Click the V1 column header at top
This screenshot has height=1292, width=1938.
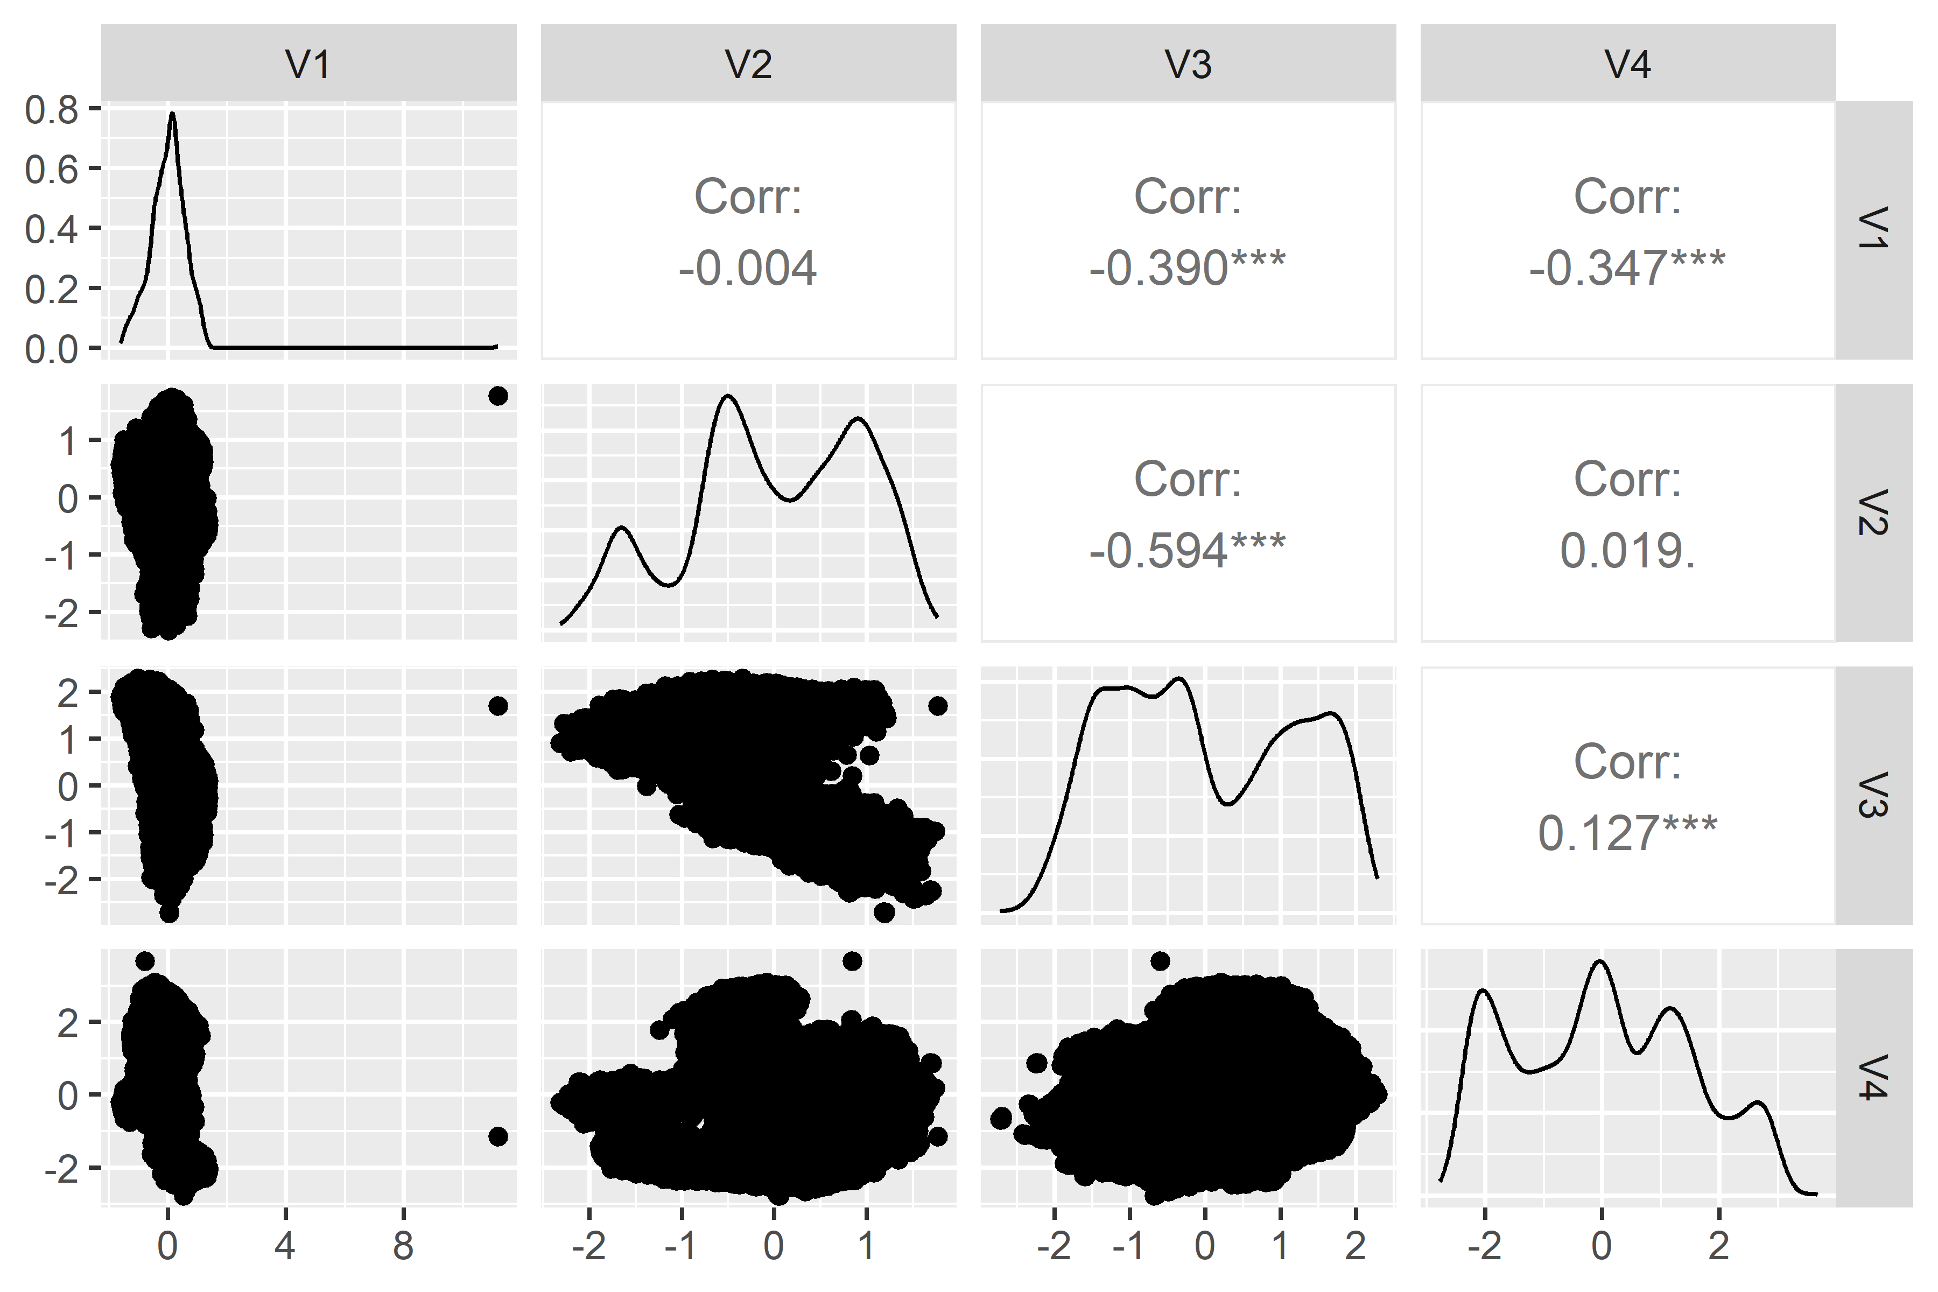308,64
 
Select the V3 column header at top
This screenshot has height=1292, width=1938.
1188,64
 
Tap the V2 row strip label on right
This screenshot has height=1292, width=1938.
1874,512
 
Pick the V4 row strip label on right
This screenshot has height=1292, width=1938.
1874,1078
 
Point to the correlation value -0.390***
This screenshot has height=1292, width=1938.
1188,269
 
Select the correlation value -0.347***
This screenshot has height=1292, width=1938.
1627,269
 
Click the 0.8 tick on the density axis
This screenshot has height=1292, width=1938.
51,110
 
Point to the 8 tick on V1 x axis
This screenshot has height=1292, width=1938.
403,1247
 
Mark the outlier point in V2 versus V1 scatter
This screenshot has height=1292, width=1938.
497,396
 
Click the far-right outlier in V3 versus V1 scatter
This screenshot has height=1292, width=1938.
497,706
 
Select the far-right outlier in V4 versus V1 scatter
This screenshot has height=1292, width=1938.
497,1137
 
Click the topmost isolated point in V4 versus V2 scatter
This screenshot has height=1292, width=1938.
852,961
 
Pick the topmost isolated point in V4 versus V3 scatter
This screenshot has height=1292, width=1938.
1160,961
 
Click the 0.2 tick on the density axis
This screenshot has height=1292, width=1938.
51,289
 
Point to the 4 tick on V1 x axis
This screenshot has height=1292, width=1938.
285,1247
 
